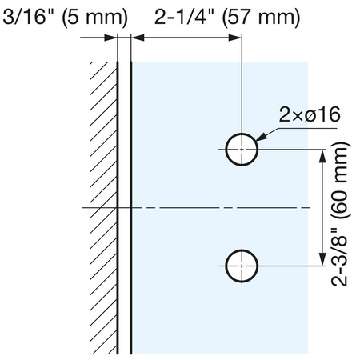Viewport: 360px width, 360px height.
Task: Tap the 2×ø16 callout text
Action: (x=310, y=114)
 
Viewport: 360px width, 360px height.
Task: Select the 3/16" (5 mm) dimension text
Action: (x=66, y=17)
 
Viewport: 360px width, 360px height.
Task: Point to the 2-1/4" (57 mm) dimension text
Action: (x=227, y=17)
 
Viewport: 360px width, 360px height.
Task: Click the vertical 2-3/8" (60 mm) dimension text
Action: (x=339, y=214)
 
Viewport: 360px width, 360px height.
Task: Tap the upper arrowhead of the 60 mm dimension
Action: (x=322, y=156)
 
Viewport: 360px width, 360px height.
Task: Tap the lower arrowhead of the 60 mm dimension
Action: (x=322, y=259)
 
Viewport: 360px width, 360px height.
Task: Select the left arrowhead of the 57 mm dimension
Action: (x=138, y=38)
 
